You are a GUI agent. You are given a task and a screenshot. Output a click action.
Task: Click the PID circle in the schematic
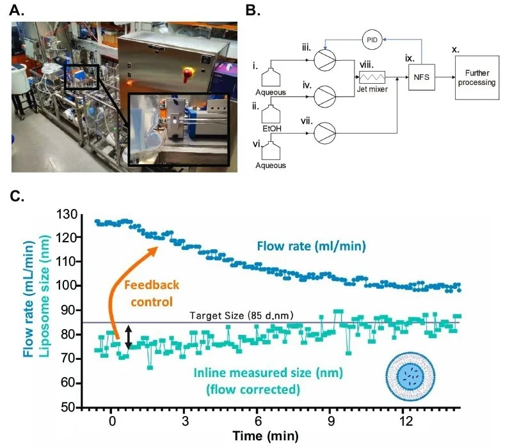(372, 40)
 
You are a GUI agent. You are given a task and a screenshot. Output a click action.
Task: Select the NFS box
(422, 77)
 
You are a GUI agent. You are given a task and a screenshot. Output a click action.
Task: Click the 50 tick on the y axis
(67, 407)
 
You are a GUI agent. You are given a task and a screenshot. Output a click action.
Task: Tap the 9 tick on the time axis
(332, 422)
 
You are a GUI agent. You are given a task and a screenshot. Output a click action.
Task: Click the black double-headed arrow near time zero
(129, 337)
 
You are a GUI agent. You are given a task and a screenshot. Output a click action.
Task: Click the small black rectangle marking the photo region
(81, 77)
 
